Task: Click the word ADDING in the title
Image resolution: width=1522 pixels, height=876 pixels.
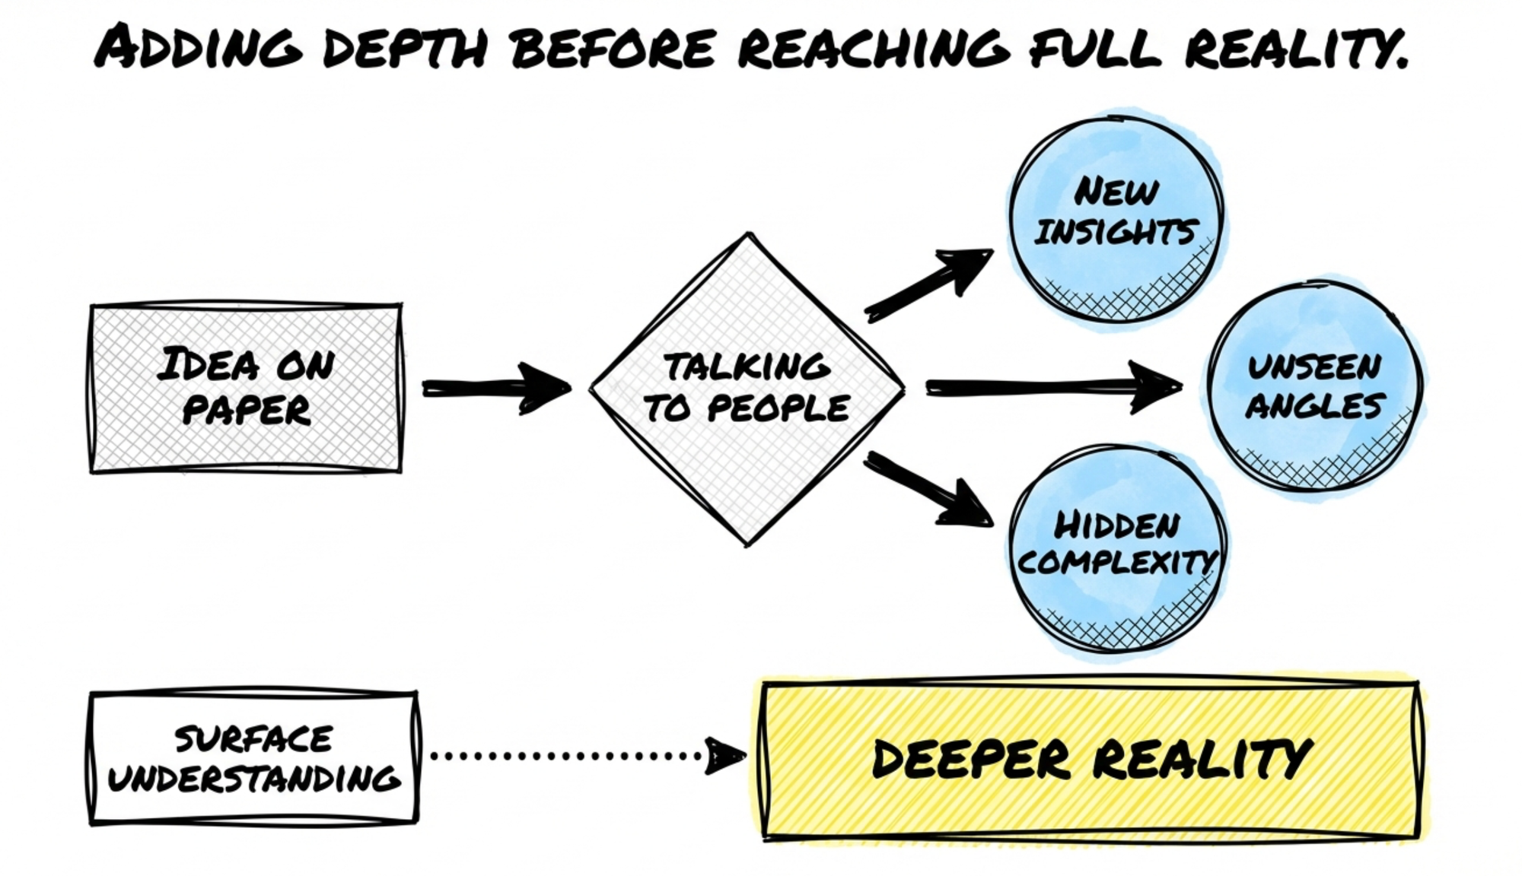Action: point(199,47)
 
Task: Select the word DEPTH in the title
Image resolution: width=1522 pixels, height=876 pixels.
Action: point(405,47)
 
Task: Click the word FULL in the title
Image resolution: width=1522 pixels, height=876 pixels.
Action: point(1095,47)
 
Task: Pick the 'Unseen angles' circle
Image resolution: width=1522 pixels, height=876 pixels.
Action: point(1314,388)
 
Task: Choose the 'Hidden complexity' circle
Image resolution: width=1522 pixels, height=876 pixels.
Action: point(1117,547)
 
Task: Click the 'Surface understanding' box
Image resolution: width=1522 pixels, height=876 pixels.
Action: point(253,758)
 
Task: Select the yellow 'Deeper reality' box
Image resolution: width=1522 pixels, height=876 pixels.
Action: point(1091,760)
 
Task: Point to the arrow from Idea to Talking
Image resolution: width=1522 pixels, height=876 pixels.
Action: point(495,388)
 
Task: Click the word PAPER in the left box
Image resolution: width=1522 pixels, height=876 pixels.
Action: point(247,411)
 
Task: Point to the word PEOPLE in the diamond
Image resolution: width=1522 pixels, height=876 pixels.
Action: point(778,409)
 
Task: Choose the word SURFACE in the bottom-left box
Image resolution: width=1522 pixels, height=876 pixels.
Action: point(253,739)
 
